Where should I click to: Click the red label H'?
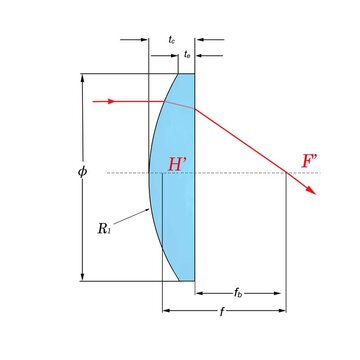pyautogui.click(x=179, y=164)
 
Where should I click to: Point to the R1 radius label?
pyautogui.click(x=104, y=228)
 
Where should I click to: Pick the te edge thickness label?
pyautogui.click(x=187, y=53)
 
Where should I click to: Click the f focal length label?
pyautogui.click(x=222, y=312)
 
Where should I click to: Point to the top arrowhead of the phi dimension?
pyautogui.click(x=82, y=77)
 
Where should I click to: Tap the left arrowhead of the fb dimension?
pyautogui.click(x=199, y=293)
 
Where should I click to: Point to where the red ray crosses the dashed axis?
pyautogui.click(x=288, y=173)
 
